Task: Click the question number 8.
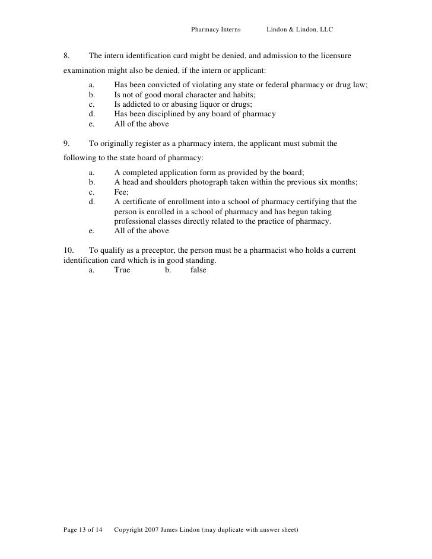coord(66,56)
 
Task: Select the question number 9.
coord(66,143)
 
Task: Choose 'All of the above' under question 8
coord(141,124)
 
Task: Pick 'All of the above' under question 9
coord(141,231)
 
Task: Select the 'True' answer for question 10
coord(122,270)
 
